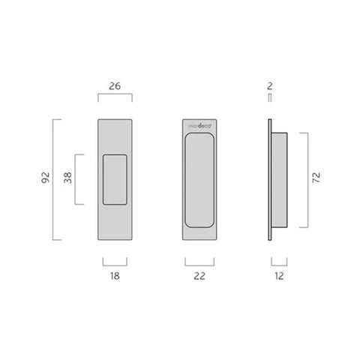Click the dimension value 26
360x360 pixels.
point(115,86)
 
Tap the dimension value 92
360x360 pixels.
point(46,178)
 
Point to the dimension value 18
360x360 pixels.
point(115,277)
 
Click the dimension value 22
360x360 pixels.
point(199,277)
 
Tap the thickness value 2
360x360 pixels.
point(269,86)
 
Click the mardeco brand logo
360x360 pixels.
point(199,128)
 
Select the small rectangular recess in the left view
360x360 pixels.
point(115,178)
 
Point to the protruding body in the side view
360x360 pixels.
point(278,179)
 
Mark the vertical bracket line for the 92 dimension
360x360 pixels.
point(54,178)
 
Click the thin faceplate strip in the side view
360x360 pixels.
point(270,179)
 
